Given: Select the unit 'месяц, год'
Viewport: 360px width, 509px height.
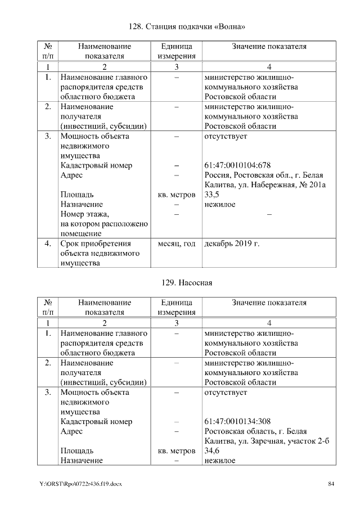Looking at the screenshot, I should pos(177,244).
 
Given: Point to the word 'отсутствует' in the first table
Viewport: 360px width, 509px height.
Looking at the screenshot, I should pos(226,136).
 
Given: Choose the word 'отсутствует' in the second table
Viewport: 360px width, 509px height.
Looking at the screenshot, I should pos(226,392).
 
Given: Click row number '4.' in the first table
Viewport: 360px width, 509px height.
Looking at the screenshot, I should pos(48,244).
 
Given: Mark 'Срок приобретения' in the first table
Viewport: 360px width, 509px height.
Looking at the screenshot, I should pos(96,244).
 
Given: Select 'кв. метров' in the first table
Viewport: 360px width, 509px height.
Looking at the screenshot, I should pos(177,195).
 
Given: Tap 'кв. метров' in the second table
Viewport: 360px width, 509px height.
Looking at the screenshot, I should pos(177,451).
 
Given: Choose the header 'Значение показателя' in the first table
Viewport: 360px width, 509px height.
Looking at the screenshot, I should pos(269,46).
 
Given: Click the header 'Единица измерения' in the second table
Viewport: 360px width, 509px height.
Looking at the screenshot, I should pos(177,307).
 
